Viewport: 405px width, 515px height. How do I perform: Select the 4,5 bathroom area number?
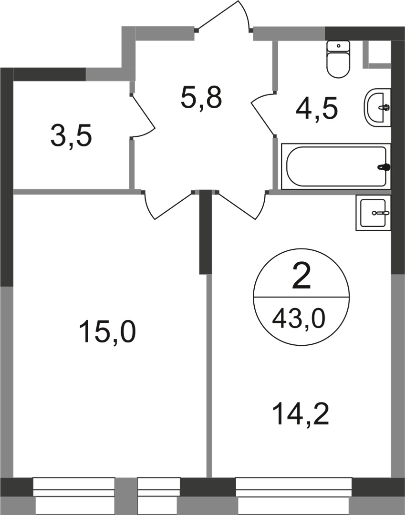coord(317,110)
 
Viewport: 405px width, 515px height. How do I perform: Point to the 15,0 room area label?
coord(108,332)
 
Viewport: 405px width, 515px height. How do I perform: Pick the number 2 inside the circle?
coord(301,277)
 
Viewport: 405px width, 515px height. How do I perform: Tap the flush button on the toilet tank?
coord(338,46)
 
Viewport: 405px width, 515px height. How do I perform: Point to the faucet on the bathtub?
coord(383,167)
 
